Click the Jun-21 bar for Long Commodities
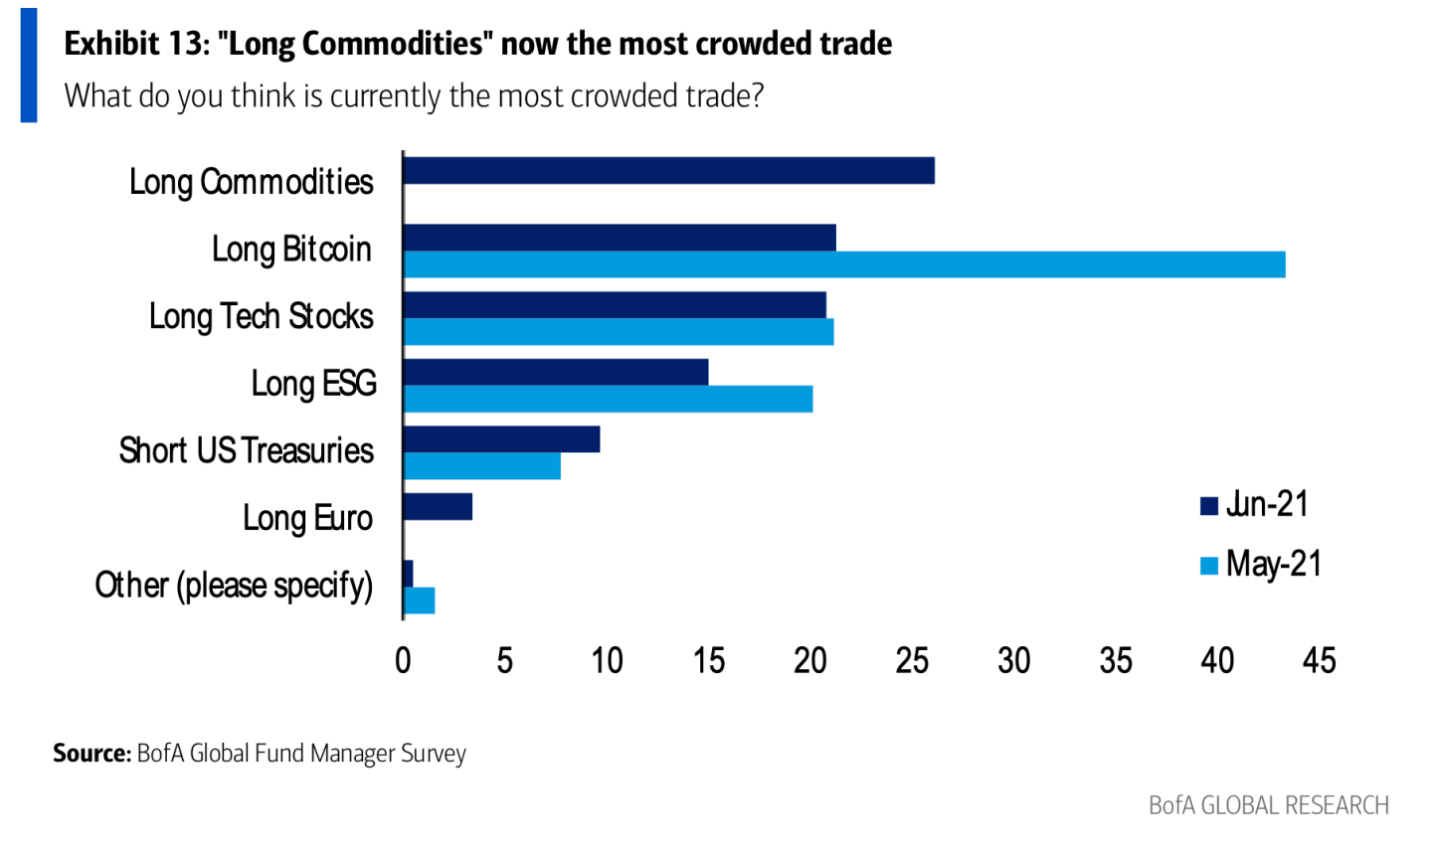[x=668, y=171]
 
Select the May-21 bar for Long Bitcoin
[x=844, y=264]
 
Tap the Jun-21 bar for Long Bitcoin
[x=620, y=238]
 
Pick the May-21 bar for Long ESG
[x=608, y=399]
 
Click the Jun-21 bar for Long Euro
[x=438, y=507]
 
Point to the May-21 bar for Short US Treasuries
[x=482, y=466]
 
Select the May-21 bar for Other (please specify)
[x=419, y=601]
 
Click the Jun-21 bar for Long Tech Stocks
[x=615, y=305]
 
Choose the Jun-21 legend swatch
[x=1209, y=506]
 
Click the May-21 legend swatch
[x=1209, y=566]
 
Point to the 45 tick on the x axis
[x=1319, y=661]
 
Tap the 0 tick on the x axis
[x=403, y=661]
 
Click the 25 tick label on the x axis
[x=912, y=661]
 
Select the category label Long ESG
[x=313, y=384]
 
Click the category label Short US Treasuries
[x=246, y=450]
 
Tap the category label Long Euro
[x=307, y=518]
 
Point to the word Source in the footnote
[x=91, y=754]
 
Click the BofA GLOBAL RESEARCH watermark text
[x=1268, y=805]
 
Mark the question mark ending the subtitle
[x=757, y=95]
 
